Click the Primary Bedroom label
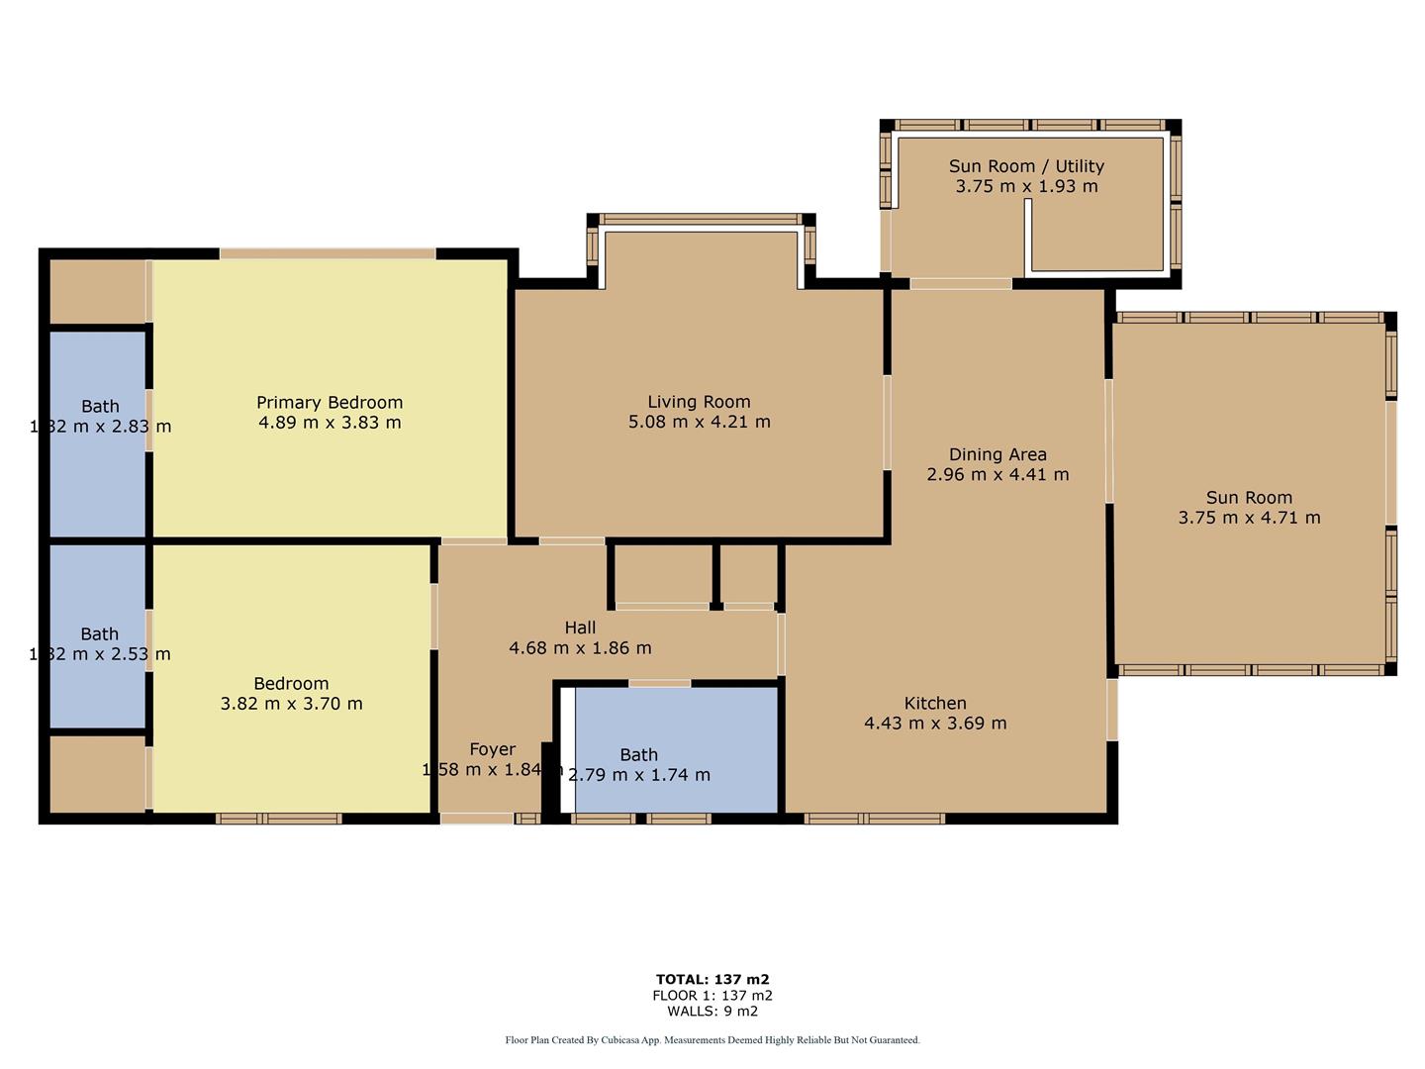click(x=330, y=402)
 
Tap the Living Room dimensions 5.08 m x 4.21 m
click(x=699, y=422)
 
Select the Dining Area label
click(x=997, y=454)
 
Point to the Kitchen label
click(x=935, y=703)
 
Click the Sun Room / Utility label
click(x=1026, y=166)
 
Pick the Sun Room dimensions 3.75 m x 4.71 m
click(x=1249, y=518)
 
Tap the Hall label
click(x=580, y=628)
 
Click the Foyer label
click(x=492, y=749)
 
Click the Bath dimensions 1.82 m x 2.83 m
click(x=100, y=427)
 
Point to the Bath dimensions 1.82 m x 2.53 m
click(x=100, y=654)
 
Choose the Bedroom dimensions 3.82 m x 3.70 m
click(x=291, y=704)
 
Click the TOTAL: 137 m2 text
click(x=712, y=980)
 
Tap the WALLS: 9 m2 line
click(x=712, y=1012)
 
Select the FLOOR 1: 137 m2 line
click(x=712, y=996)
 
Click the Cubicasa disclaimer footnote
click(x=712, y=1040)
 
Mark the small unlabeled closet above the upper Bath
click(x=97, y=291)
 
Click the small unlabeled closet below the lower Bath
click(x=97, y=774)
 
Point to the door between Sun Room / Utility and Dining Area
click(x=960, y=284)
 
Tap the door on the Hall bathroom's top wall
click(x=660, y=683)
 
